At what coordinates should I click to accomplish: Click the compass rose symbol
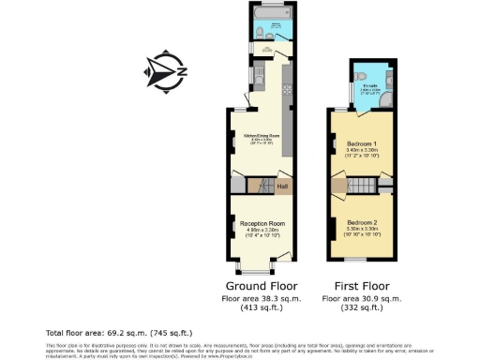point(165,70)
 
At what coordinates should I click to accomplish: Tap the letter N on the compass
point(182,71)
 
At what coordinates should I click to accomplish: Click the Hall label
point(281,186)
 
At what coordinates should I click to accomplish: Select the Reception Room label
point(262,223)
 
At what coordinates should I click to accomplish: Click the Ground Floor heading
point(261,284)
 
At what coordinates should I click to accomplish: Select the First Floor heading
point(361,284)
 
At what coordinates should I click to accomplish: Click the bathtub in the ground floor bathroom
point(275,20)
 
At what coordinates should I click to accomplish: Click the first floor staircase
point(356,186)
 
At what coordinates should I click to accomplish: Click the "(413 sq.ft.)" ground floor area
point(261,307)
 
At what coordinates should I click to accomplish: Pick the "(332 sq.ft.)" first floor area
point(361,307)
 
